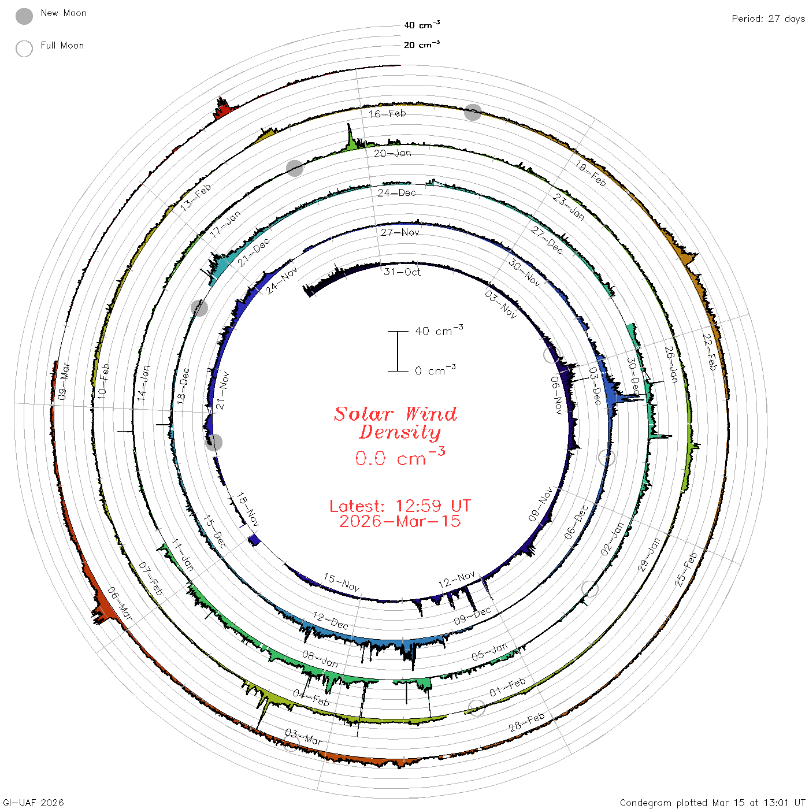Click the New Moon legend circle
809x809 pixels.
point(24,16)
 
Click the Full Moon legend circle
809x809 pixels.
point(24,49)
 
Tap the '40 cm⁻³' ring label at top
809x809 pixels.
point(422,24)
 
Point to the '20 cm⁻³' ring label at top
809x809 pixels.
point(422,44)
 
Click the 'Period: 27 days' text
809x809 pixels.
point(769,19)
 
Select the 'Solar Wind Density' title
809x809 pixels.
point(395,423)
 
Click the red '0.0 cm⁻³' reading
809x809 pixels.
point(400,457)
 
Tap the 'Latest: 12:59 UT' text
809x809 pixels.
point(400,506)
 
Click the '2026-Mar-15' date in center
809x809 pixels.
point(400,521)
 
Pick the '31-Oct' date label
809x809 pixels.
point(402,272)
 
